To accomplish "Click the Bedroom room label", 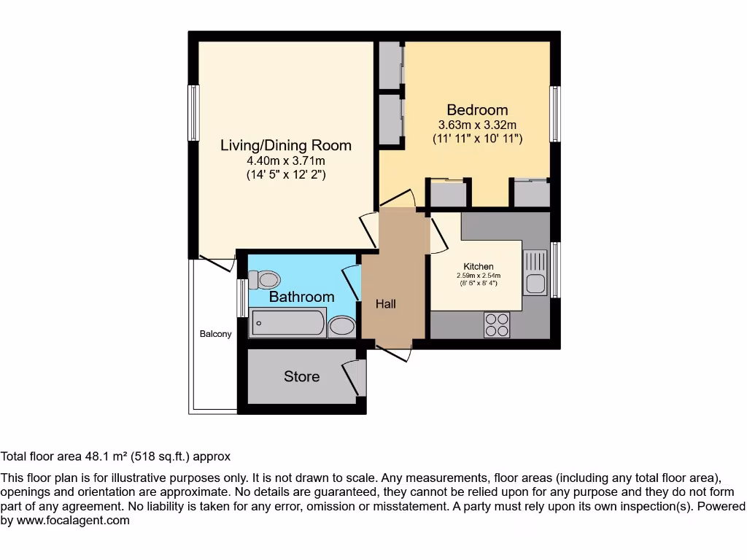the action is (x=477, y=110).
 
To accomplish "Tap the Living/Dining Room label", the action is (x=286, y=145).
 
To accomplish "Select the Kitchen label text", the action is (x=479, y=267).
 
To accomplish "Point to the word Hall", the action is (x=385, y=304).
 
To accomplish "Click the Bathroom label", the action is (x=301, y=297).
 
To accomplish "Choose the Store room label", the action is (x=301, y=377).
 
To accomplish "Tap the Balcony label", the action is (x=215, y=334).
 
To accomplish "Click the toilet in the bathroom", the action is (x=264, y=280).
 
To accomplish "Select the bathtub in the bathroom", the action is (x=287, y=323).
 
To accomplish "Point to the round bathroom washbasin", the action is (x=342, y=326).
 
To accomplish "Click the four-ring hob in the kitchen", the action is (x=497, y=324).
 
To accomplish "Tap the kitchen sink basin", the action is (x=535, y=284).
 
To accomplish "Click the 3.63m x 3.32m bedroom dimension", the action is (x=477, y=125).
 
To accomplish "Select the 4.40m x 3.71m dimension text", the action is (x=286, y=160).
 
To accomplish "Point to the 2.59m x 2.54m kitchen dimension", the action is (x=479, y=275).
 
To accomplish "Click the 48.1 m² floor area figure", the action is (x=106, y=456).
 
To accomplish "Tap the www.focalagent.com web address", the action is (x=73, y=521).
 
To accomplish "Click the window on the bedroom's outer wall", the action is (x=555, y=114).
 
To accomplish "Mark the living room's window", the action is (x=193, y=113).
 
